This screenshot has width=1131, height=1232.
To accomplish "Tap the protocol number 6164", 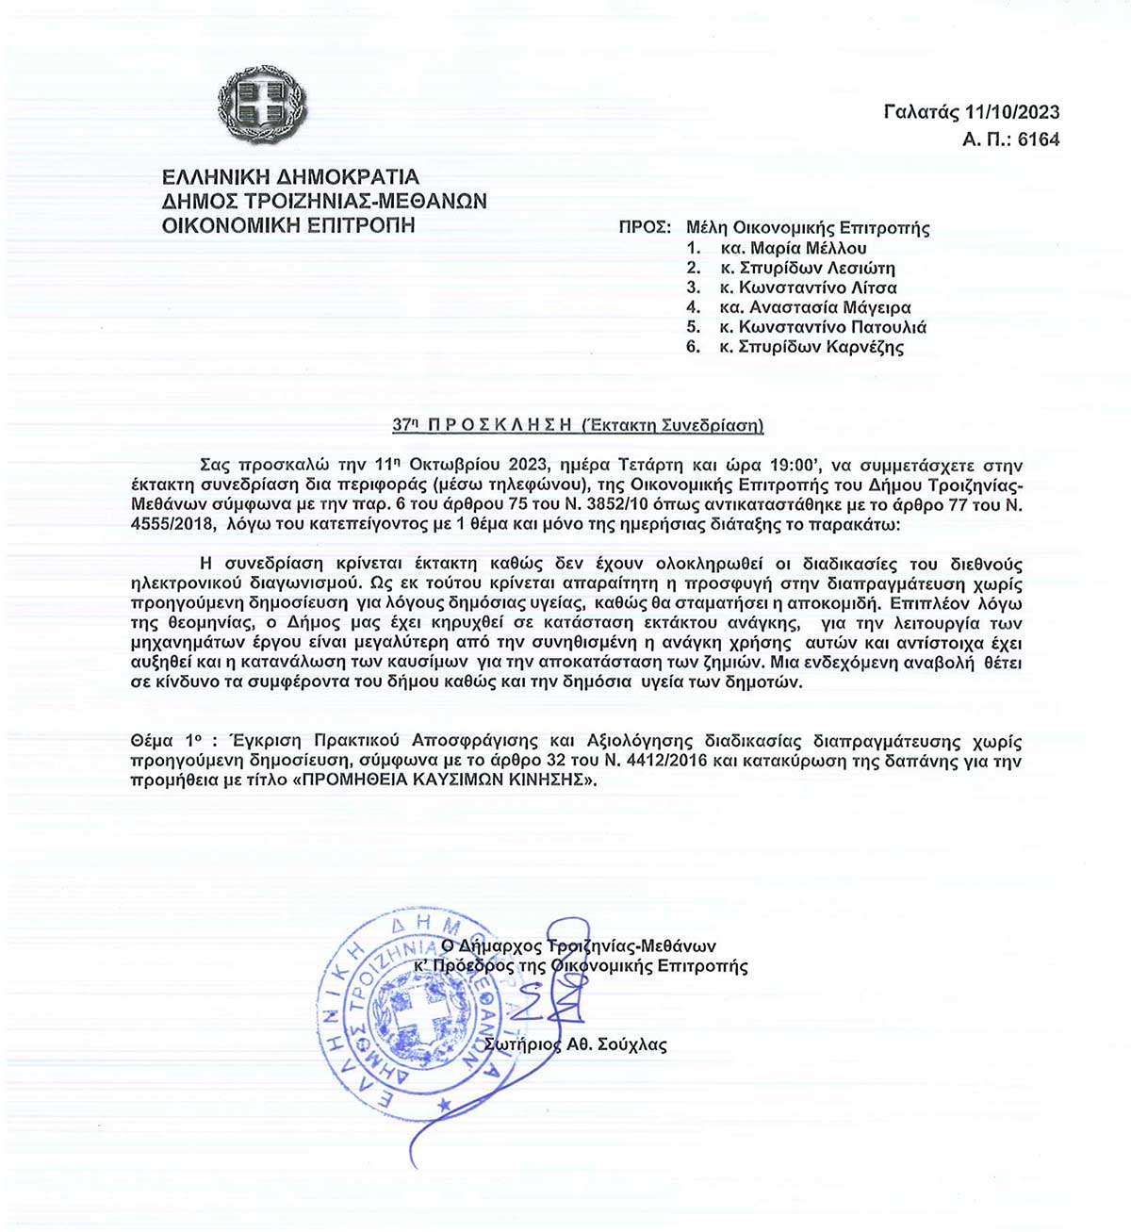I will coord(1039,140).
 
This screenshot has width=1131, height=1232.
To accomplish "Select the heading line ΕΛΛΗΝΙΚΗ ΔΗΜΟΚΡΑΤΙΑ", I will coord(290,177).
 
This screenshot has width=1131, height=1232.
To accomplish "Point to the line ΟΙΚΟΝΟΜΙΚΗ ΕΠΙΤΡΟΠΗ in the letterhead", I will coord(288,225).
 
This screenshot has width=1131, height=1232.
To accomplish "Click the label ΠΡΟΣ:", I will coord(645,228).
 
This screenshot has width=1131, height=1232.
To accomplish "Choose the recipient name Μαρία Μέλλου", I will coord(808,249).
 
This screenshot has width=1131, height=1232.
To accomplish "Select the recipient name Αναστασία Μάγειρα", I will coord(829,308).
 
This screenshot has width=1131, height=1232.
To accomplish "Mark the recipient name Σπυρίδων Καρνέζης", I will coord(821,348).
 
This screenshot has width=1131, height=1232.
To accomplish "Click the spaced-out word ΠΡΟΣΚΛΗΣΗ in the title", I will coord(500,425).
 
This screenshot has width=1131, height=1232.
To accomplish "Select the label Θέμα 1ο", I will coord(167,742).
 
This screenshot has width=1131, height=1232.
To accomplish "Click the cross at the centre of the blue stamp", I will coord(418,1016).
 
